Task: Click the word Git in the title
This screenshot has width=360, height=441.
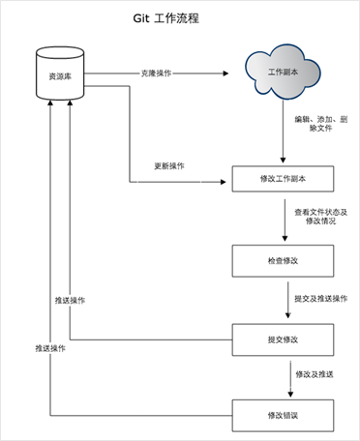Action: pos(141,18)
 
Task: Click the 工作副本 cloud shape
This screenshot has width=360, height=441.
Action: pos(284,73)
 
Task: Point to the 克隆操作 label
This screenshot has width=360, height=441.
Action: pos(156,73)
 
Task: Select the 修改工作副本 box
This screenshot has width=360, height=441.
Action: pos(284,180)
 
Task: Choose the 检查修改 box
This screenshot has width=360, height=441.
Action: pos(284,261)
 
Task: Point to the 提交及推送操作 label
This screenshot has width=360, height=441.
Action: pos(320,299)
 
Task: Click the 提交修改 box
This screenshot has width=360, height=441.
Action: pos(284,339)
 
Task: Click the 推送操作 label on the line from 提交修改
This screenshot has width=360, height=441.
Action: pos(71,301)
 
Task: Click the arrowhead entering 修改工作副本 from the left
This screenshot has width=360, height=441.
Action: pos(228,180)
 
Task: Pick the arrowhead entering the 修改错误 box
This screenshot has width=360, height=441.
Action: pos(284,395)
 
